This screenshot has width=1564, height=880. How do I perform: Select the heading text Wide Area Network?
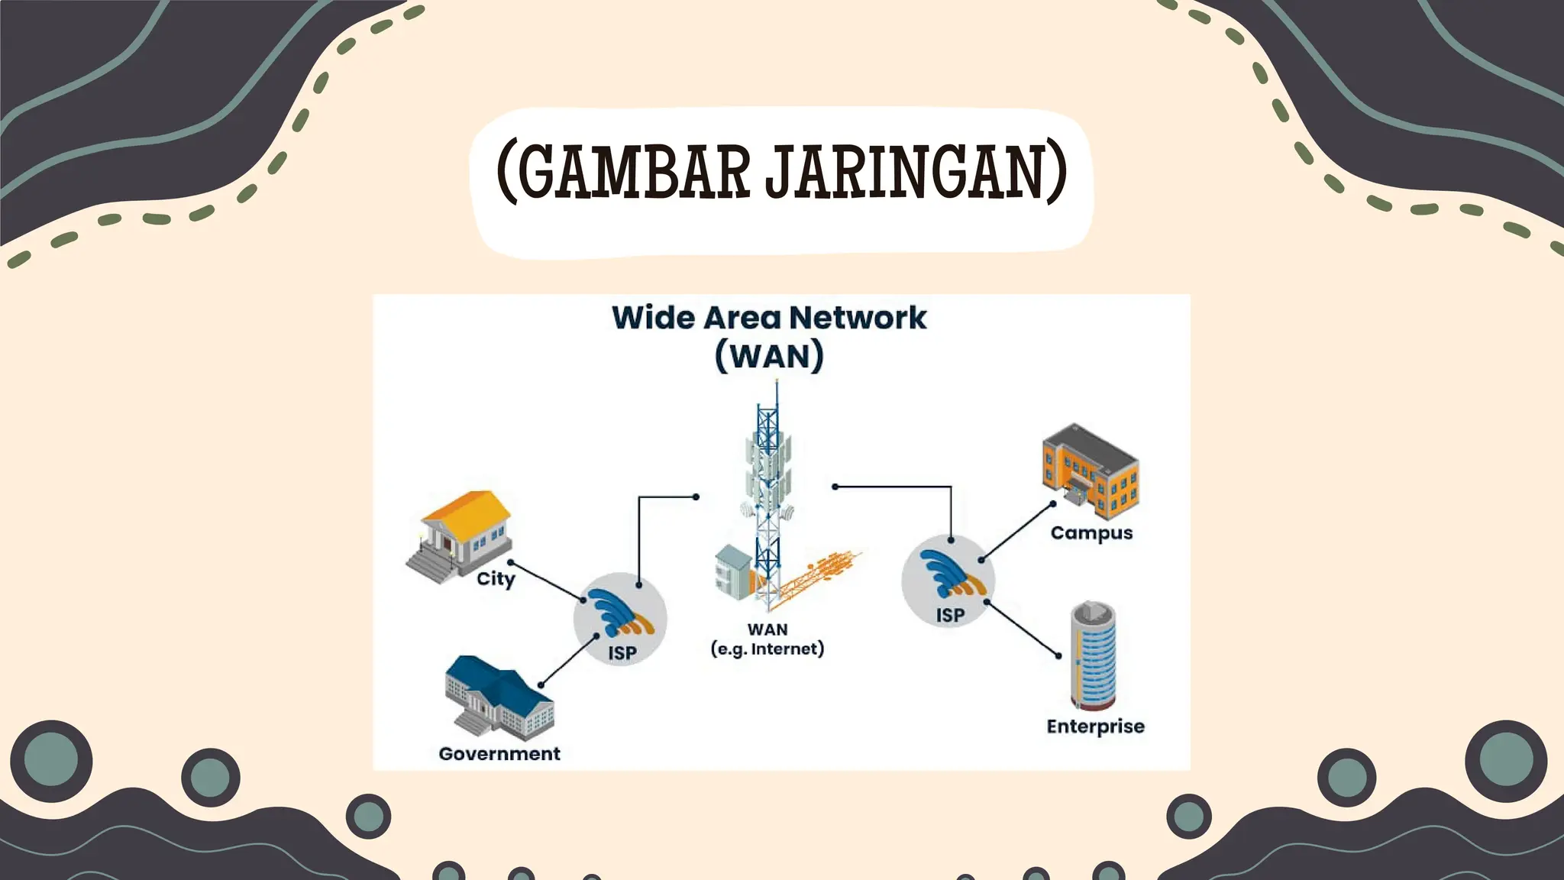coord(769,318)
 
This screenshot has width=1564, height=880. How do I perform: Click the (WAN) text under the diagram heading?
coord(769,357)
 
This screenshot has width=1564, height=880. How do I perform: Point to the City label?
coord(496,579)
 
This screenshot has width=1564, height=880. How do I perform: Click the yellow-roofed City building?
coord(461,535)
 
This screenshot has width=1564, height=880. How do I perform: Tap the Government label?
coord(499,754)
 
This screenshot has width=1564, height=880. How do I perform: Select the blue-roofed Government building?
coord(498,697)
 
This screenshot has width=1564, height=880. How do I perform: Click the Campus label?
coord(1091,533)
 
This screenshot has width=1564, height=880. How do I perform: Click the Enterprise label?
coord(1095,726)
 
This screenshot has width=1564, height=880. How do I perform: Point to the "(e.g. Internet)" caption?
coord(767,649)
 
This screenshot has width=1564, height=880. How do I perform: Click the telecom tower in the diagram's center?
coord(768,497)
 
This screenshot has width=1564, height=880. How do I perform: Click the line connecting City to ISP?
coord(547,581)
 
